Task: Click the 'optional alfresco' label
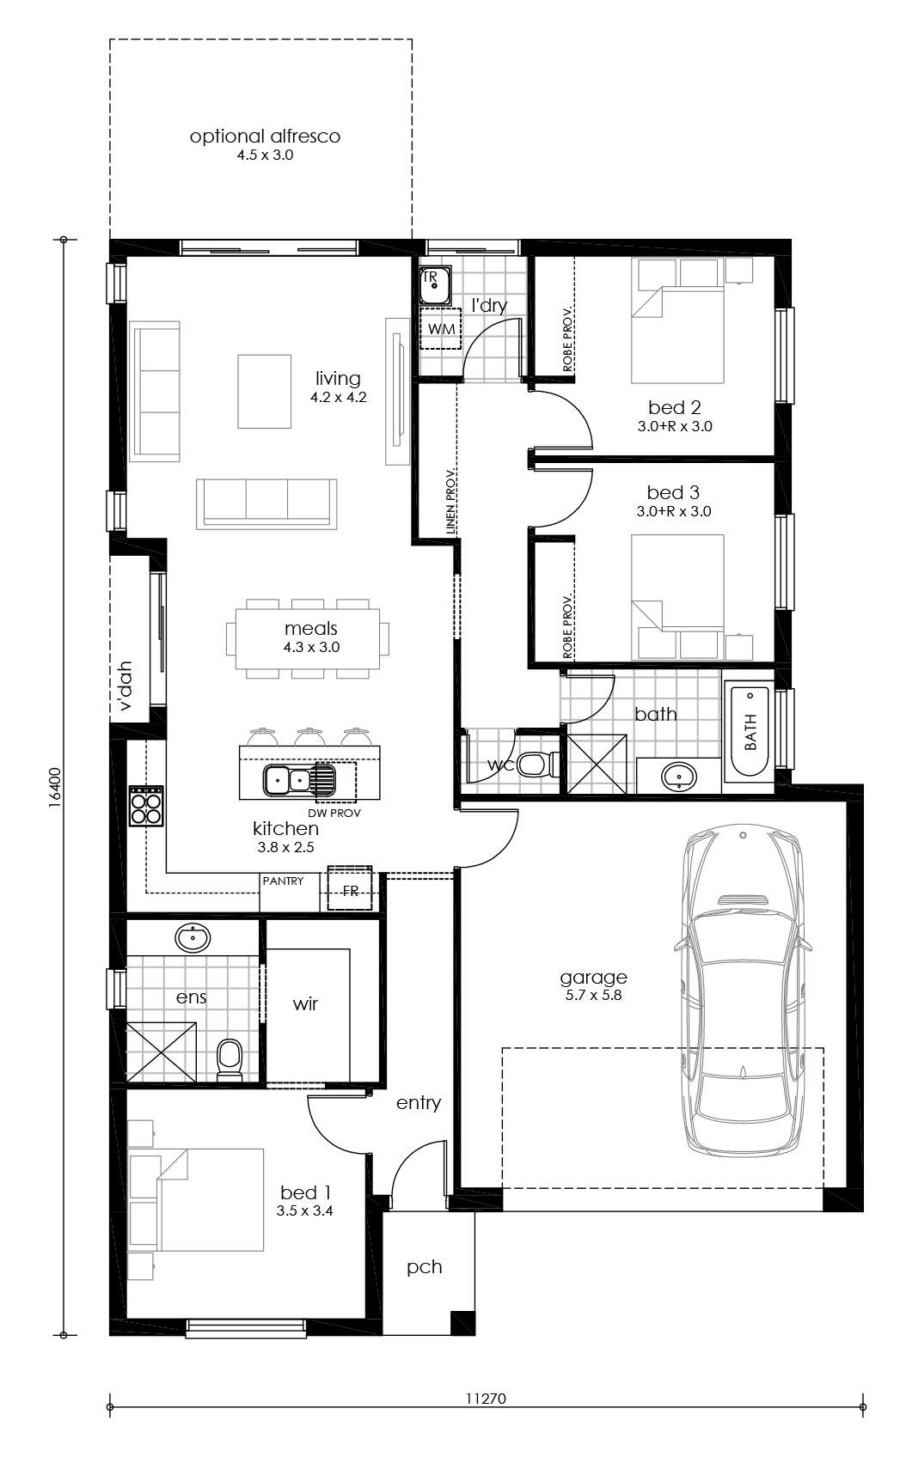pos(265,137)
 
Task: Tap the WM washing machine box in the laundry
pos(441,330)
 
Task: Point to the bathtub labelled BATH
pos(750,731)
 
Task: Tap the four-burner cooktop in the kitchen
pos(145,806)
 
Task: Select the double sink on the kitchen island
pos(287,780)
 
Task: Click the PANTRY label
pos(283,881)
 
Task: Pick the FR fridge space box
pos(351,890)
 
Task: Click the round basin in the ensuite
pos(193,938)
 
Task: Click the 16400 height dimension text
pos(55,786)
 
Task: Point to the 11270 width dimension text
pos(487,1398)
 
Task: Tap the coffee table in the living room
pos(265,391)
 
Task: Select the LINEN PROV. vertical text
pos(450,503)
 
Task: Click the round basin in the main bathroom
pos(679,777)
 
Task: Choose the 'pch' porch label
pos(425,1266)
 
